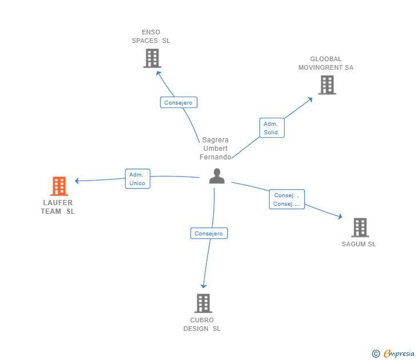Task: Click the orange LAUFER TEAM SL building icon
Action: [59, 186]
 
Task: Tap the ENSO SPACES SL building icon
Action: [152, 58]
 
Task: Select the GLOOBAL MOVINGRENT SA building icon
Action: [327, 85]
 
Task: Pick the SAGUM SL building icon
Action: [359, 227]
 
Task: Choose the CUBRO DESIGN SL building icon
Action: [203, 303]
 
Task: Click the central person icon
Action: [217, 176]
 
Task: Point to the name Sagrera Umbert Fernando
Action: [215, 149]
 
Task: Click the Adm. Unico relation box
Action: [137, 179]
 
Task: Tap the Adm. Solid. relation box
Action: [271, 128]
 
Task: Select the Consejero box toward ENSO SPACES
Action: [178, 103]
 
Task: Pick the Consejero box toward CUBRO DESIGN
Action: [209, 233]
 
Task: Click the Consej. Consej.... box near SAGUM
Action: [286, 199]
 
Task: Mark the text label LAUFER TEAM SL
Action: [58, 207]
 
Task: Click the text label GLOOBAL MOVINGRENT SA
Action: [326, 63]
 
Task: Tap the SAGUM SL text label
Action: [359, 245]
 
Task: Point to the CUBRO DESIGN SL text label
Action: [202, 325]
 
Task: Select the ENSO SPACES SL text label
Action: [151, 37]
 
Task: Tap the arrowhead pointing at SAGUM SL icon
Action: [340, 217]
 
